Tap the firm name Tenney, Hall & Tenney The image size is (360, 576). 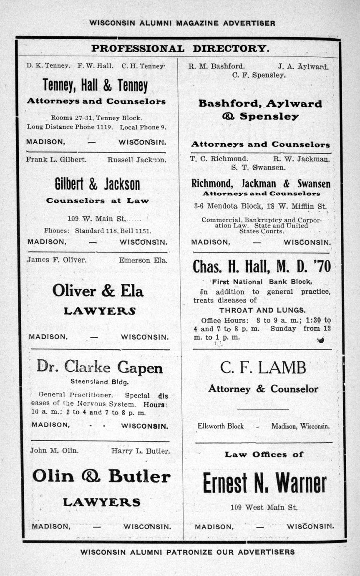(95, 86)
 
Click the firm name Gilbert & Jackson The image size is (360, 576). (97, 184)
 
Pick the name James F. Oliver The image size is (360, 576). (57, 260)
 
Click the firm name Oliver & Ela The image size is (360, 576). (98, 291)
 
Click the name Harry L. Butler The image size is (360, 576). (141, 451)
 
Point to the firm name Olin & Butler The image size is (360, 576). (101, 476)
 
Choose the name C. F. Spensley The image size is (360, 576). (259, 76)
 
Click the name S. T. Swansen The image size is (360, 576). (259, 167)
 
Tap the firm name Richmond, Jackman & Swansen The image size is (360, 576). (261, 184)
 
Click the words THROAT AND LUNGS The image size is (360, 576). (262, 310)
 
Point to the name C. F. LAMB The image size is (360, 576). (263, 368)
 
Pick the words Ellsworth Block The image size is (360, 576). (221, 426)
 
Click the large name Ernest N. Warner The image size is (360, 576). (264, 483)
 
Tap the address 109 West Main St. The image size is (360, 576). (264, 508)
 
